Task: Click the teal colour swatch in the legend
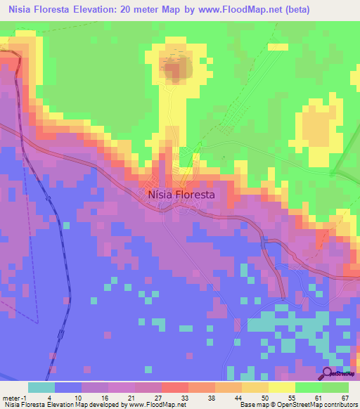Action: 41,387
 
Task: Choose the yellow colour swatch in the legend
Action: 281,387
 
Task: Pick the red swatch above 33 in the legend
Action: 174,387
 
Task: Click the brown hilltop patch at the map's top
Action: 176,67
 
